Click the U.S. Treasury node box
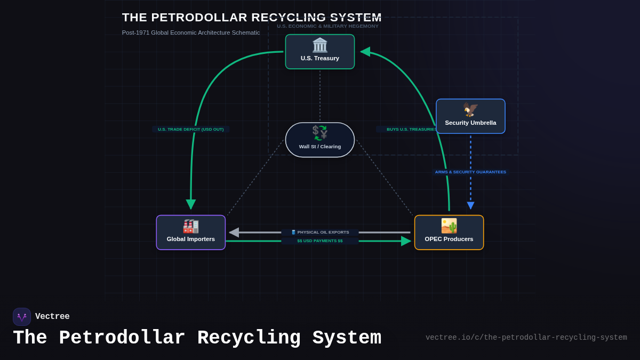tap(320, 52)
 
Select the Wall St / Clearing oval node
tap(320, 140)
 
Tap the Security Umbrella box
tap(470, 116)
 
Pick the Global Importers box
tap(191, 233)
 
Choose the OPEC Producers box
tap(449, 233)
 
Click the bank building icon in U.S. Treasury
tap(320, 45)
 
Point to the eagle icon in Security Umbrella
tap(470, 109)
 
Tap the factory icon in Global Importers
tap(191, 226)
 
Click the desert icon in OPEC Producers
tap(449, 226)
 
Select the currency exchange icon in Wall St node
tap(320, 133)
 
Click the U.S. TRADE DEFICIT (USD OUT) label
tap(191, 129)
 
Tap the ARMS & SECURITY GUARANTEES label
tap(470, 172)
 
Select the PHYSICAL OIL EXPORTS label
tap(320, 232)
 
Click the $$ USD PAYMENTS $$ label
tap(320, 241)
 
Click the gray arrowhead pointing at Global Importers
tap(234, 233)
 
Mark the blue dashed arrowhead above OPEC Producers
tap(470, 205)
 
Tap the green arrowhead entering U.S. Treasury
tap(365, 52)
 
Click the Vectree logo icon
tap(22, 317)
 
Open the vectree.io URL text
tap(526, 338)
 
